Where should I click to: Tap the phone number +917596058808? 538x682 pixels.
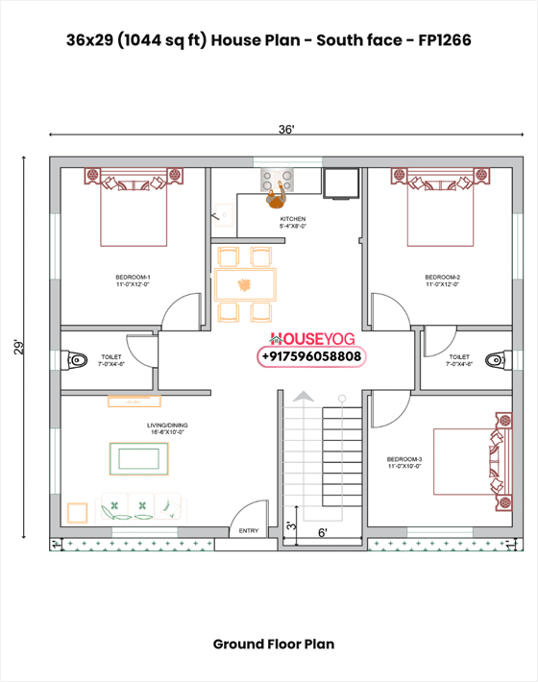(311, 356)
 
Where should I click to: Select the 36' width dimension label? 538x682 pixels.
(286, 129)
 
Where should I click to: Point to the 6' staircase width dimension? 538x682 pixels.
(323, 531)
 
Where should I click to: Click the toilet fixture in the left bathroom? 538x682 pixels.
(77, 360)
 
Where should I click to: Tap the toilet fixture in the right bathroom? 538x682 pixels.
(494, 360)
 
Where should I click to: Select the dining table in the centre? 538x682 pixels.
(245, 284)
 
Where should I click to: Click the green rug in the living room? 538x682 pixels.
(140, 458)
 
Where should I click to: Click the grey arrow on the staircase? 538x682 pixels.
(303, 398)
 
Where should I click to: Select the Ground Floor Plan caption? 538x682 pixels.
(274, 644)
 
